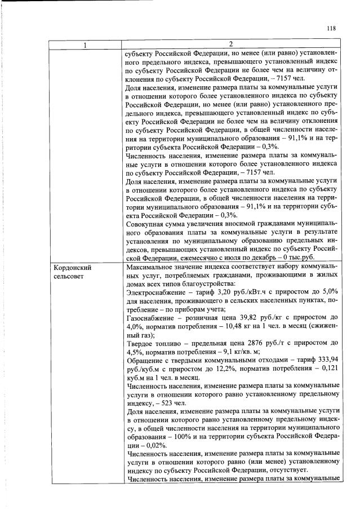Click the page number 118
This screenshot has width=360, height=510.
click(x=331, y=29)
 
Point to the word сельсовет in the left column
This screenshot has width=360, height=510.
click(x=70, y=277)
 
